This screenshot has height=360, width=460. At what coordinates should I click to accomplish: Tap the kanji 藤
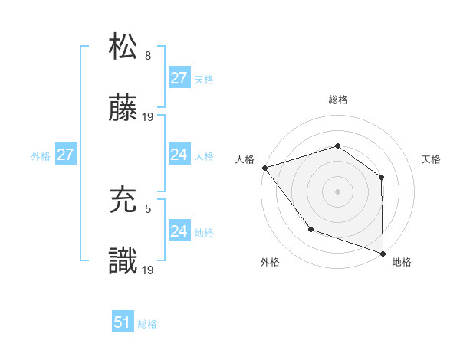(x=123, y=110)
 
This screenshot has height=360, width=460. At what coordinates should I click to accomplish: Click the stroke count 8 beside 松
(x=148, y=55)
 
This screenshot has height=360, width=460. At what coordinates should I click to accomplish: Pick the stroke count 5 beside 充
(x=148, y=208)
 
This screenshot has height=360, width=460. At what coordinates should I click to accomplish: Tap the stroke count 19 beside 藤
(x=149, y=117)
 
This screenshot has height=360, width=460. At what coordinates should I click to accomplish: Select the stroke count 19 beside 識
(x=149, y=270)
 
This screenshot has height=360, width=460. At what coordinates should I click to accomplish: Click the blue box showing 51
(x=123, y=322)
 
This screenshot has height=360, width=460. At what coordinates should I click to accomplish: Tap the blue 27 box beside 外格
(x=65, y=155)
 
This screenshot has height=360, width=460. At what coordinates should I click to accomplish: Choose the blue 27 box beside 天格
(x=179, y=78)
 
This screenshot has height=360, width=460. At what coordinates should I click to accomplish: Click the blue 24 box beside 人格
(x=179, y=155)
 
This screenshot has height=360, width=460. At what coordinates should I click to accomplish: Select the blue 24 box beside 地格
(x=179, y=231)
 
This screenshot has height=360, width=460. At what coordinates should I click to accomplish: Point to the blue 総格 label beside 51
(x=147, y=324)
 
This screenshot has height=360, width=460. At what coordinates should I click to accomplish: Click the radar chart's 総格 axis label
(x=337, y=100)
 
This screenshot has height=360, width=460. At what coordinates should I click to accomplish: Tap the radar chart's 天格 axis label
(x=432, y=159)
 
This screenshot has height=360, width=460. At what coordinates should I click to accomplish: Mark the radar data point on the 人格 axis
(x=264, y=168)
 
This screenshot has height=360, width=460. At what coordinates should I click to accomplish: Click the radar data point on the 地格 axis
(x=383, y=252)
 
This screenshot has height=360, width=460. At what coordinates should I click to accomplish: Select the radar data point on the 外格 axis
(x=310, y=228)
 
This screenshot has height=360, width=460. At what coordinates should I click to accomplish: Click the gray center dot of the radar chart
(x=337, y=191)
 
